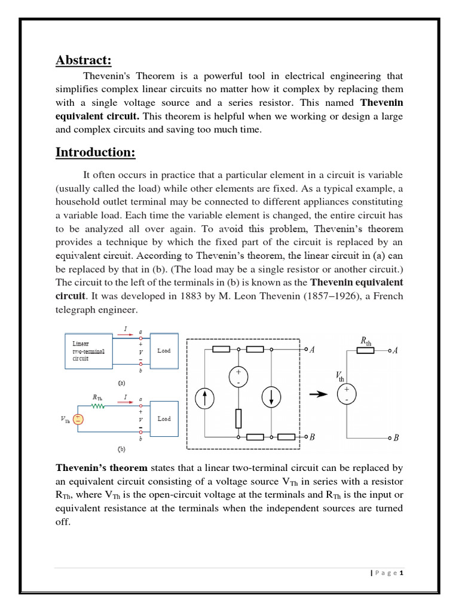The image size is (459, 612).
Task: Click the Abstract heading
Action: coord(84,60)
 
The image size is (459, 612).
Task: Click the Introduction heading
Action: coord(96,152)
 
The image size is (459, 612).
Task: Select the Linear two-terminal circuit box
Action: coord(88,352)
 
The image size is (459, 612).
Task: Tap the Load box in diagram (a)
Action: coord(164,350)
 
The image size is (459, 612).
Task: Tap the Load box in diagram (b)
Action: coord(164,419)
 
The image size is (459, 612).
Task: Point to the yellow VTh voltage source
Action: coord(79,419)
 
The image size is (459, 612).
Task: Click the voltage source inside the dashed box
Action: coord(238,376)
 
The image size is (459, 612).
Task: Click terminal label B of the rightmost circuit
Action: coord(395,438)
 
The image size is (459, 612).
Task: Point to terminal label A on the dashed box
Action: coord(311,350)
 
